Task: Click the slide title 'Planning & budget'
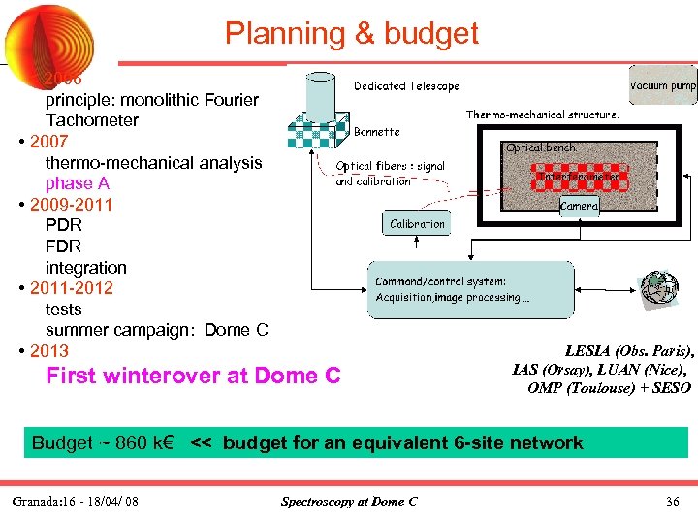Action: pos(352,34)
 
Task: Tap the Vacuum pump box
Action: pos(662,85)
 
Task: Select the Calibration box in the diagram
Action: pos(417,224)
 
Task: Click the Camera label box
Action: pos(580,206)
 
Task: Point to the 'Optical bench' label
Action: pos(541,147)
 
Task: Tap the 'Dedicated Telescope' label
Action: pos(406,86)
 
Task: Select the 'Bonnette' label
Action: pos(377,131)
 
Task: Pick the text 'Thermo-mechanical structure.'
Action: pos(542,115)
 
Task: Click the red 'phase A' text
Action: pos(70,183)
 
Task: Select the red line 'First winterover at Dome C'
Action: pos(193,376)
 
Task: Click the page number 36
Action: pos(672,501)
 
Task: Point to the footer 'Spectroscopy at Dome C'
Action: pos(349,501)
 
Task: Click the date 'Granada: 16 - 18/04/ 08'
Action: pos(76,501)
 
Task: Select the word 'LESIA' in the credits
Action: pos(588,352)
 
